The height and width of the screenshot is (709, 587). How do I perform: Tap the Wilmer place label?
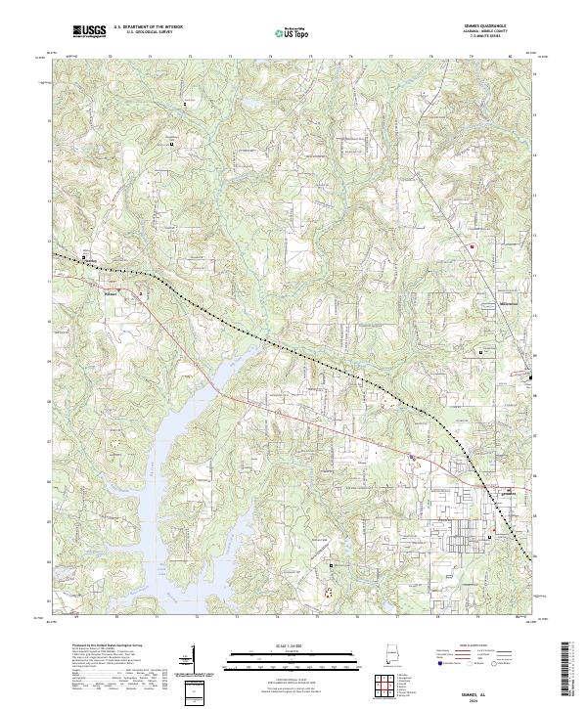[111, 288]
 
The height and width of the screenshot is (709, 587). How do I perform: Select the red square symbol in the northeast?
[472, 246]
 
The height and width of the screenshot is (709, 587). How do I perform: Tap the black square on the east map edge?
[531, 377]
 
